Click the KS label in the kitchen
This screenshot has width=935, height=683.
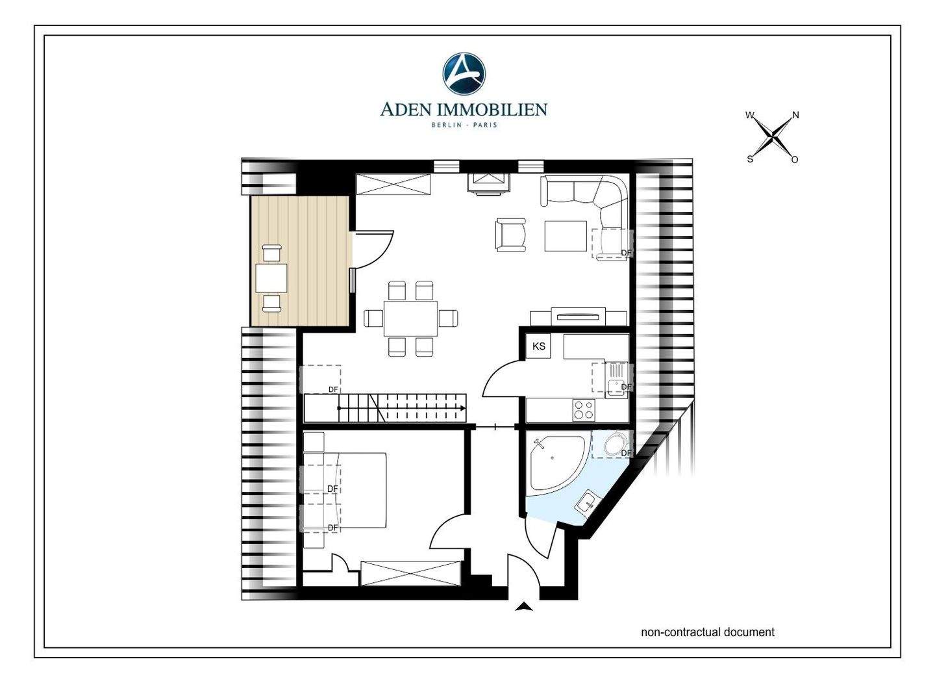tap(539, 346)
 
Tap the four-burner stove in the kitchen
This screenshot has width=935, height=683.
tap(584, 409)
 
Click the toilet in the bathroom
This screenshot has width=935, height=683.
tap(614, 445)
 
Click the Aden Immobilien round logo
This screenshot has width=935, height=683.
tap(464, 73)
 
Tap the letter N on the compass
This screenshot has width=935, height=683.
tap(795, 115)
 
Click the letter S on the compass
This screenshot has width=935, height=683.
tap(750, 159)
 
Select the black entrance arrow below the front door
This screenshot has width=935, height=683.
tap(524, 607)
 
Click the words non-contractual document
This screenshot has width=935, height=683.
tap(708, 632)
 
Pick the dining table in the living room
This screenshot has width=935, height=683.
tap(411, 318)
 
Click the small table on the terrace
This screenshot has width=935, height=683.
tap(271, 277)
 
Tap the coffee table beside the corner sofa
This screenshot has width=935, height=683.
tap(566, 236)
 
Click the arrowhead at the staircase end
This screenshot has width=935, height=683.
tap(463, 408)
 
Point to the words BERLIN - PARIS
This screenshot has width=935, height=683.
tap(464, 125)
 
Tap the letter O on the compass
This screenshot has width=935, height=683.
tap(795, 160)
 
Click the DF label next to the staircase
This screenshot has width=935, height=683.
tap(333, 389)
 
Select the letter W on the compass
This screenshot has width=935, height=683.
tap(750, 115)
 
